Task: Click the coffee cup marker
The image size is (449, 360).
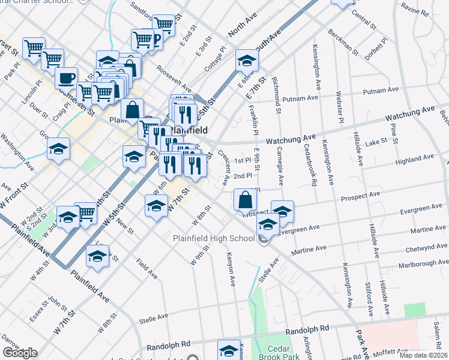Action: (67, 77)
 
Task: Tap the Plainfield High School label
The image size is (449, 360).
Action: (214, 238)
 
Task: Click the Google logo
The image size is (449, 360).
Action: (19, 353)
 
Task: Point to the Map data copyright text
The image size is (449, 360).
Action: (423, 355)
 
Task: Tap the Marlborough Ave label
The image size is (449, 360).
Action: (415, 262)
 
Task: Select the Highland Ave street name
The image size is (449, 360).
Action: (414, 160)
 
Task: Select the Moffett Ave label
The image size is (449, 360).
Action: (390, 352)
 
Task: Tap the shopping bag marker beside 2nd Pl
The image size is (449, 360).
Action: (246, 200)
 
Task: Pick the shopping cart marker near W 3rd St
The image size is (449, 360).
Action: (86, 212)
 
